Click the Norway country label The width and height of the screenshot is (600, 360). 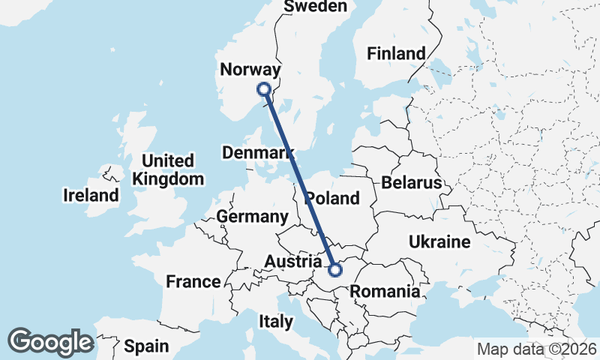point(250,70)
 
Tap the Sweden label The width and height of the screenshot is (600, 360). point(316,7)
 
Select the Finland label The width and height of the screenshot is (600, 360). point(396,53)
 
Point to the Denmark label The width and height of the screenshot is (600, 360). point(258,153)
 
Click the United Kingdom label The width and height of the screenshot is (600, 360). point(167,169)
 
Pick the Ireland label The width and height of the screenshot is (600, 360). point(91,196)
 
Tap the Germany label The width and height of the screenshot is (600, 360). point(252,217)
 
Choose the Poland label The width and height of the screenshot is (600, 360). point(333,199)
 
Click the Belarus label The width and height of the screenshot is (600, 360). point(412,182)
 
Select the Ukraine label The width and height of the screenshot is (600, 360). point(439,241)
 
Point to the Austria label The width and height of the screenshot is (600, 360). point(293,262)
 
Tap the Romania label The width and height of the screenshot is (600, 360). point(385,292)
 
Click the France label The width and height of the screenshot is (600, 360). point(193,282)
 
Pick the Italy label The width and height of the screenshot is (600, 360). point(276,322)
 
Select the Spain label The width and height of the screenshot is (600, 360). point(147,346)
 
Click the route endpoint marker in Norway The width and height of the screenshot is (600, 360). point(264,89)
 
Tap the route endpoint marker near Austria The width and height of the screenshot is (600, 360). point(336,268)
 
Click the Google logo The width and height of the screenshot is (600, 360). point(51,342)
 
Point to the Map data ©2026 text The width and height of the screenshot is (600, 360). point(537,349)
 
